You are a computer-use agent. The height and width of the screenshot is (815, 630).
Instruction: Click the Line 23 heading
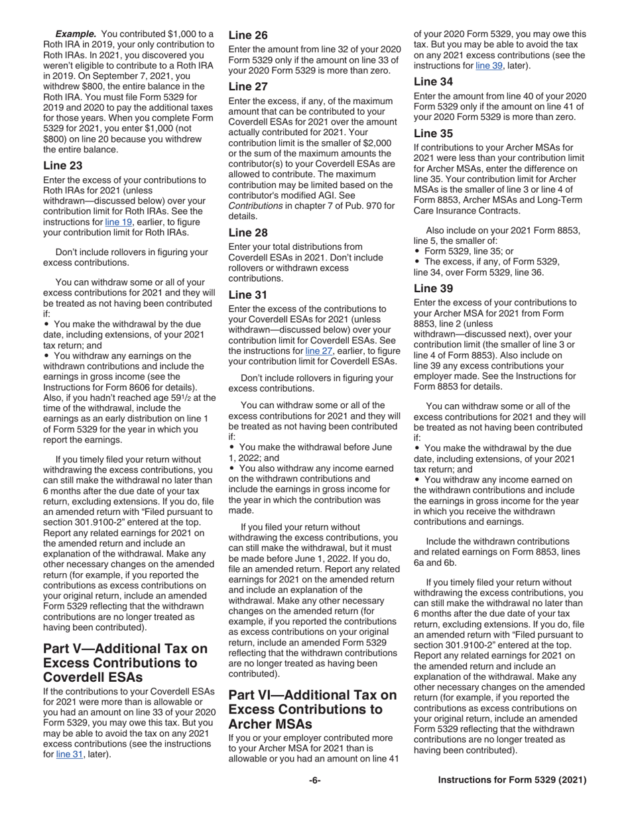tap(62, 166)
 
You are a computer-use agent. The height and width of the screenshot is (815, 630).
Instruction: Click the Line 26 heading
tap(248, 35)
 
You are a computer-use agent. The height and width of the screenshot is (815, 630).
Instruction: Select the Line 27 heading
tap(248, 86)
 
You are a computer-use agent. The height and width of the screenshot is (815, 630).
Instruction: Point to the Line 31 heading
tap(248, 295)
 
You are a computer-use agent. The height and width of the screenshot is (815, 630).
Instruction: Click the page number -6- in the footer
tap(314, 781)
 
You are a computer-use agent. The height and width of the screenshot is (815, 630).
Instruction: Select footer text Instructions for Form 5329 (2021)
tap(512, 781)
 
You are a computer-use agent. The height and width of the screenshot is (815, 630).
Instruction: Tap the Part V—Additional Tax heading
tap(125, 663)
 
